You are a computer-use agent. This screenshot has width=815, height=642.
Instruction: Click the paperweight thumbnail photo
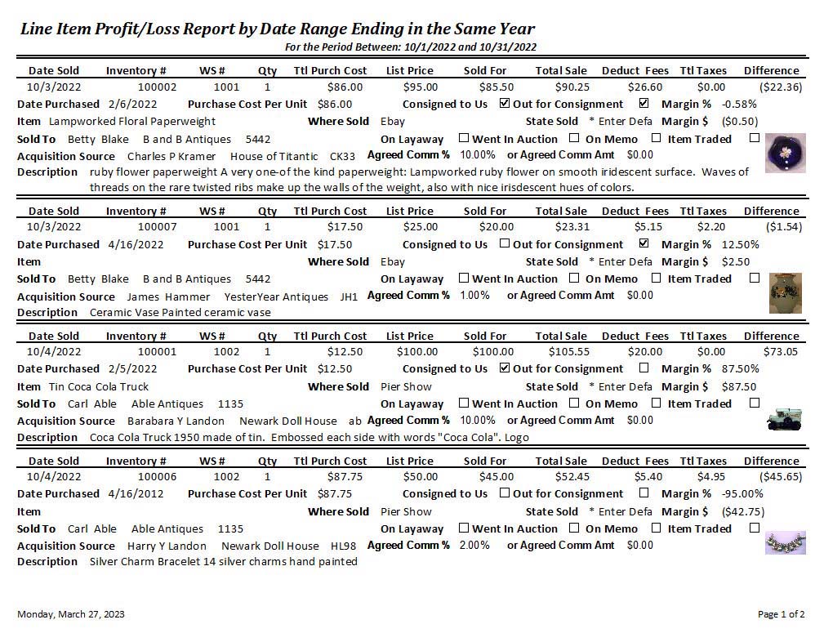[785, 154]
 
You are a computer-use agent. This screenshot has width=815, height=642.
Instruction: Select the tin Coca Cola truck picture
[785, 420]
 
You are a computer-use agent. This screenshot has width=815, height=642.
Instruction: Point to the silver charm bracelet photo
[785, 543]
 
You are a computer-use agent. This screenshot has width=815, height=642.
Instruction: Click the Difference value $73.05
[780, 351]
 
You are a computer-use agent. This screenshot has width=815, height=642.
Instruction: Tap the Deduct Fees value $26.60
[645, 87]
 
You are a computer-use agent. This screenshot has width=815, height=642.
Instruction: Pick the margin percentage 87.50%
[741, 368]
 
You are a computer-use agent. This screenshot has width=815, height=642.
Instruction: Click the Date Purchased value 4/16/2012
[136, 493]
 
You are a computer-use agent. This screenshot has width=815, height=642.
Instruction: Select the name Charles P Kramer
[171, 155]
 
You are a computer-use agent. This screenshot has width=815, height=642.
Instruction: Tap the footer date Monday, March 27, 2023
[71, 614]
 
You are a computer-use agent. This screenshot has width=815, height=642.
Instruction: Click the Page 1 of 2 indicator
[781, 614]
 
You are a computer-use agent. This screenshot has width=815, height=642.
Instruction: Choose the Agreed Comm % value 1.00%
[475, 295]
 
